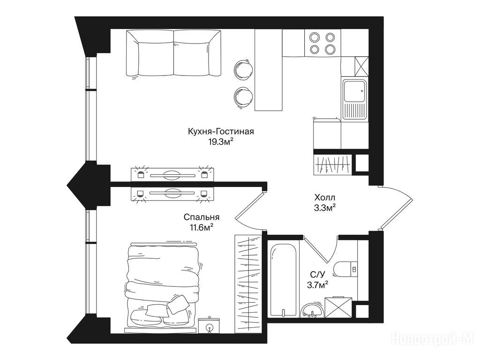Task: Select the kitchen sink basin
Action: (x=354, y=91)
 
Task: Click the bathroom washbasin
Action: (x=312, y=309)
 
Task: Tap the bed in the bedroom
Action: (x=163, y=287)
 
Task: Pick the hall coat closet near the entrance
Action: (x=333, y=165)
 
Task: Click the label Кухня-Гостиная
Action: (x=221, y=132)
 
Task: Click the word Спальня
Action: (x=202, y=217)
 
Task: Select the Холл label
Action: (x=325, y=197)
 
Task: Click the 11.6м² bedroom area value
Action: (x=202, y=227)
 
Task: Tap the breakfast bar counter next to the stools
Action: (x=269, y=70)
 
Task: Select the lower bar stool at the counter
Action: (x=243, y=96)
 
